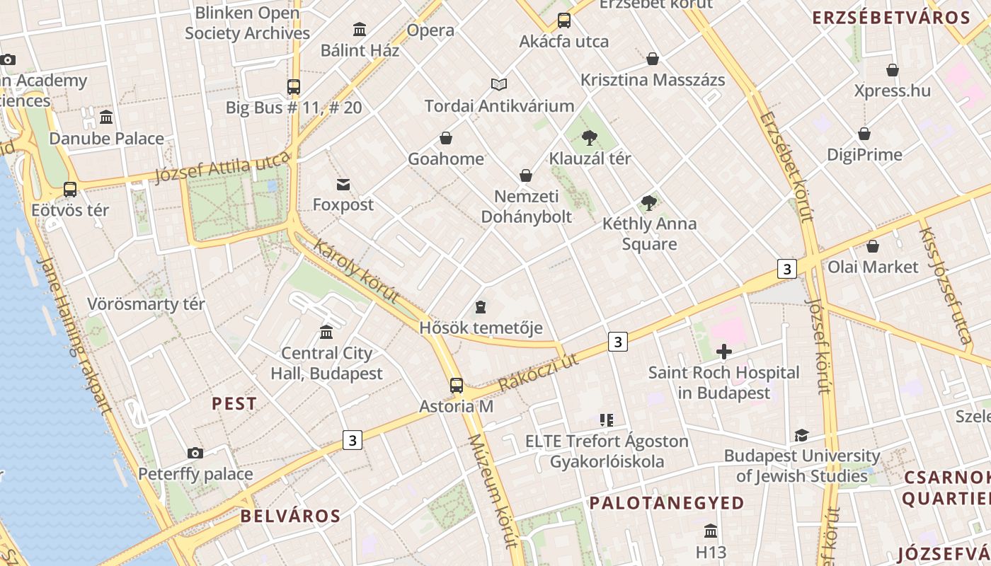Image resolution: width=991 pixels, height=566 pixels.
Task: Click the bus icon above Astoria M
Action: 457,386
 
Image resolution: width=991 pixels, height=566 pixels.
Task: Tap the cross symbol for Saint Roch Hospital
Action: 723,351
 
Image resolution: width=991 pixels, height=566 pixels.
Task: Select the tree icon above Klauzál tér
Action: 589,138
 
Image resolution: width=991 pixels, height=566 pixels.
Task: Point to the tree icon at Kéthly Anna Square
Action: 648,204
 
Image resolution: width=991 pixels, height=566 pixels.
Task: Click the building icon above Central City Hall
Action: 326,332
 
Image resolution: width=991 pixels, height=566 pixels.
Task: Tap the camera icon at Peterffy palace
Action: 195,453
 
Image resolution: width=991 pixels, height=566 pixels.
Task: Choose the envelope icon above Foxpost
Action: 343,185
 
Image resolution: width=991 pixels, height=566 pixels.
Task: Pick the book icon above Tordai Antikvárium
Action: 499,85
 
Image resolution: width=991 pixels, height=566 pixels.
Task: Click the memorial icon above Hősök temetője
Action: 481,307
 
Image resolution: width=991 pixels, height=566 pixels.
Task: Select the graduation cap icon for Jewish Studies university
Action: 801,435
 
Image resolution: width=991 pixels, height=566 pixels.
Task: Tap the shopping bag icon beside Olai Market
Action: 873,246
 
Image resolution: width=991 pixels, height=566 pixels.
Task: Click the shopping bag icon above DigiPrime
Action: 864,134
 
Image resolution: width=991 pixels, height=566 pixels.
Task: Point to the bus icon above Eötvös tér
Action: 69,190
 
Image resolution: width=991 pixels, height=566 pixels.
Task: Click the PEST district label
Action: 234,404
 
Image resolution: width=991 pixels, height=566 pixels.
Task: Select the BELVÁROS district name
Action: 290,516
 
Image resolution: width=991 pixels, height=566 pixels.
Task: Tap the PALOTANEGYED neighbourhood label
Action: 667,503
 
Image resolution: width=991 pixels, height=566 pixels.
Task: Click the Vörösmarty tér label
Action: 146,304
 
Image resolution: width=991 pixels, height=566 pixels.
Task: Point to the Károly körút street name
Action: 356,272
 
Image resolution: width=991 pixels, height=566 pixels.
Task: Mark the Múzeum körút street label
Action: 493,490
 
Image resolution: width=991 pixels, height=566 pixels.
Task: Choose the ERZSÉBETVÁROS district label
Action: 890,18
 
